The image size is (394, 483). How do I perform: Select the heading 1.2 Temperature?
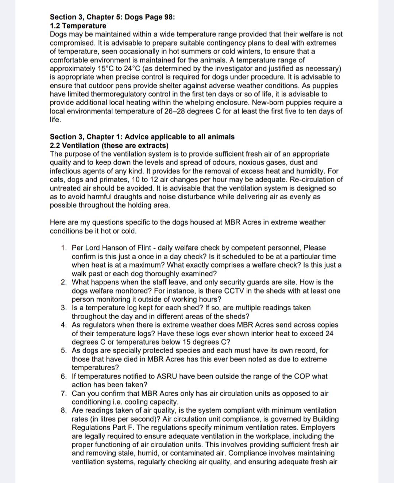78,26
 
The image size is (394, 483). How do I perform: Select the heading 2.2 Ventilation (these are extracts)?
109,146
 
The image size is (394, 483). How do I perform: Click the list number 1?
64,248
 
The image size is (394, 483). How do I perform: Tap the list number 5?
64,350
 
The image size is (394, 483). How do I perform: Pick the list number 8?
64,411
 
